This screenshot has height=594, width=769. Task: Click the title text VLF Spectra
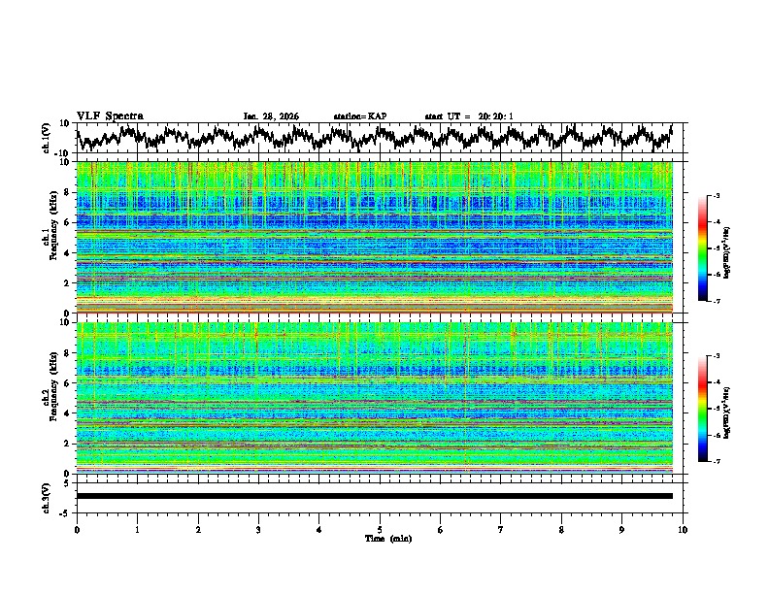110,115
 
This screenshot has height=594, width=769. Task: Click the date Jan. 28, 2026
271,116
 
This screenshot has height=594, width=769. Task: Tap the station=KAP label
359,116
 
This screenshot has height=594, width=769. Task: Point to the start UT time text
469,116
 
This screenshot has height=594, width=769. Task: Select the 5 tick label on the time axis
380,529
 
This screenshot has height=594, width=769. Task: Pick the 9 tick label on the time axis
622,529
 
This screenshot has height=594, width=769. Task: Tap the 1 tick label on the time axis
137,529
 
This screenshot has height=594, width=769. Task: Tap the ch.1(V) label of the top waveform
47,138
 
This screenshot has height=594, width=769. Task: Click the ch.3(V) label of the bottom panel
47,496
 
